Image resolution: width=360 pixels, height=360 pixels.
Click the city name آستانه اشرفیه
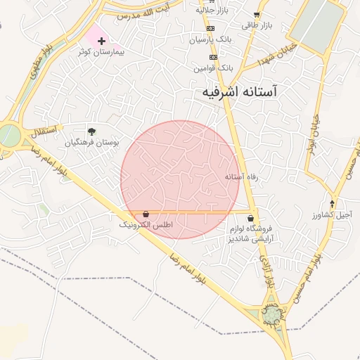239,91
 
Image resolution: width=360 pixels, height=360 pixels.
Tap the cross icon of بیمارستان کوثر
102,41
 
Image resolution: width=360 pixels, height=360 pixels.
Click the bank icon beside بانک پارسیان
210,28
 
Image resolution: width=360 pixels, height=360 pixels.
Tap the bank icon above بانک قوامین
213,58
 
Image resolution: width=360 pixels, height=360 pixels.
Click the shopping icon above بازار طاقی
257,15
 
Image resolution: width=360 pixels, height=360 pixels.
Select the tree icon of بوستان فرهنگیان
91,131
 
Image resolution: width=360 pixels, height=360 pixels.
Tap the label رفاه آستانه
241,177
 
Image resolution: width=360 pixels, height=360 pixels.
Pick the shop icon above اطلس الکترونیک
146,214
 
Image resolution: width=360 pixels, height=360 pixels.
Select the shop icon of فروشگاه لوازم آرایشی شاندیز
251,219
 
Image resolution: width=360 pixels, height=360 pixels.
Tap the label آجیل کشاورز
333,214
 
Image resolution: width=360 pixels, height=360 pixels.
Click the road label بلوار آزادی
266,271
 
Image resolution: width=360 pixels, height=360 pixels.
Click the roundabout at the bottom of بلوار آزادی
272,314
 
